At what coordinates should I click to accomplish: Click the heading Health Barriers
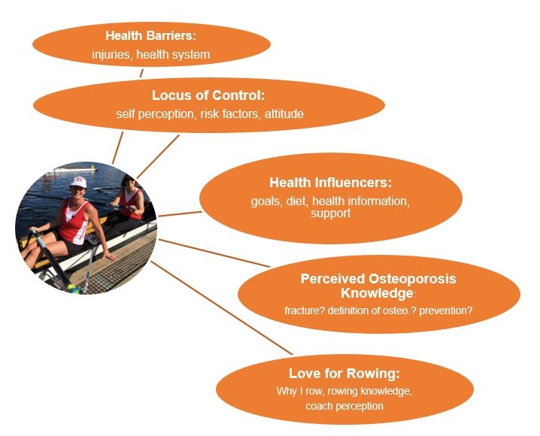click(x=150, y=36)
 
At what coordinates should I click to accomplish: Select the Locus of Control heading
click(x=208, y=95)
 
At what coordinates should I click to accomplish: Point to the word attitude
click(x=284, y=114)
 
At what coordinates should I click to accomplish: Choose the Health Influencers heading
click(x=331, y=183)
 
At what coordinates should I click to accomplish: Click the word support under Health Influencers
click(x=331, y=213)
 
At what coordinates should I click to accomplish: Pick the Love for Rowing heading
click(x=344, y=374)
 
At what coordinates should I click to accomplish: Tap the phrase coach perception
click(x=344, y=406)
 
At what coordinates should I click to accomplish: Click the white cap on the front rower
click(x=78, y=182)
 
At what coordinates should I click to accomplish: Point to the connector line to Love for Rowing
click(x=222, y=307)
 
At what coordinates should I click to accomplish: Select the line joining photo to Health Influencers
click(x=180, y=214)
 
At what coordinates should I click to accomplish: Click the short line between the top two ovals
click(x=141, y=73)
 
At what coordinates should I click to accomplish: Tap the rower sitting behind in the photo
click(x=130, y=200)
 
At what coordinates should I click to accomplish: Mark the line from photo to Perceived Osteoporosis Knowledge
click(x=214, y=253)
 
